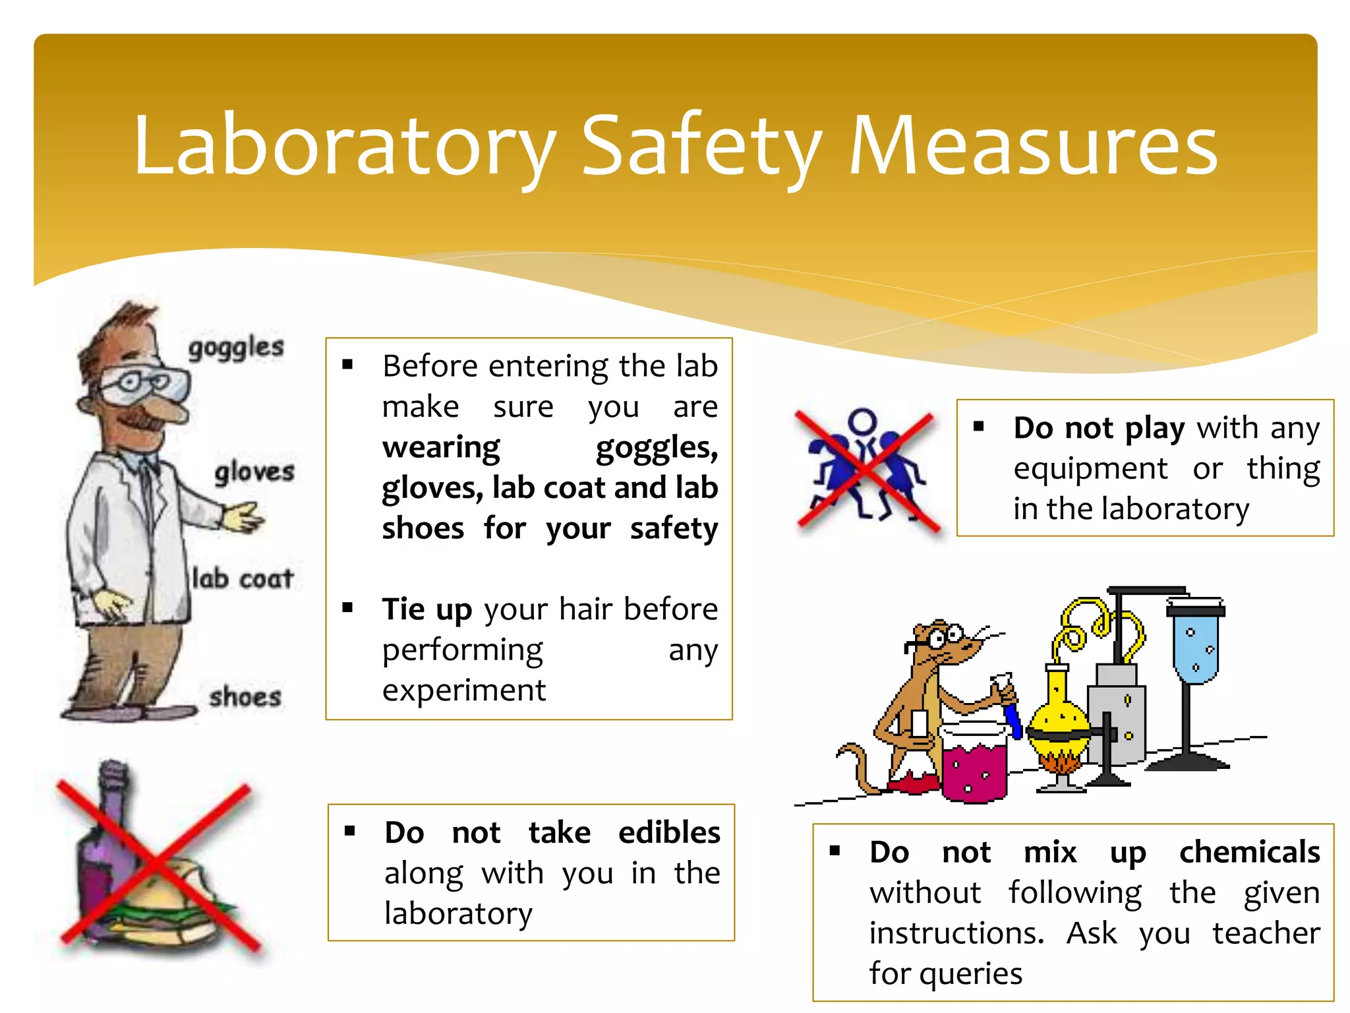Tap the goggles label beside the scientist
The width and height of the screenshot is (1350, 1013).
[236, 348]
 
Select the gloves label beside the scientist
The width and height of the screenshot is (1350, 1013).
[254, 472]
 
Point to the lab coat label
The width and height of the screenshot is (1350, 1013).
[243, 579]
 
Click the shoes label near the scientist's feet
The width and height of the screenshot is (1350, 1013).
[245, 697]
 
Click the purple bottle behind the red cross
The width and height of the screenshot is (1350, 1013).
[105, 838]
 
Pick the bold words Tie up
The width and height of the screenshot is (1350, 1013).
[427, 609]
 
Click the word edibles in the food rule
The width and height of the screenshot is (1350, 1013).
[669, 832]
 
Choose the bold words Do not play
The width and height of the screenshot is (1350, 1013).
[1099, 428]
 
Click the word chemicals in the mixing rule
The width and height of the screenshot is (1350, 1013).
[1249, 852]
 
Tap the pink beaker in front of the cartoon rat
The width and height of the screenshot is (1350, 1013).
[975, 765]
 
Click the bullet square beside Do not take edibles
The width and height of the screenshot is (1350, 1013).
[350, 831]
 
